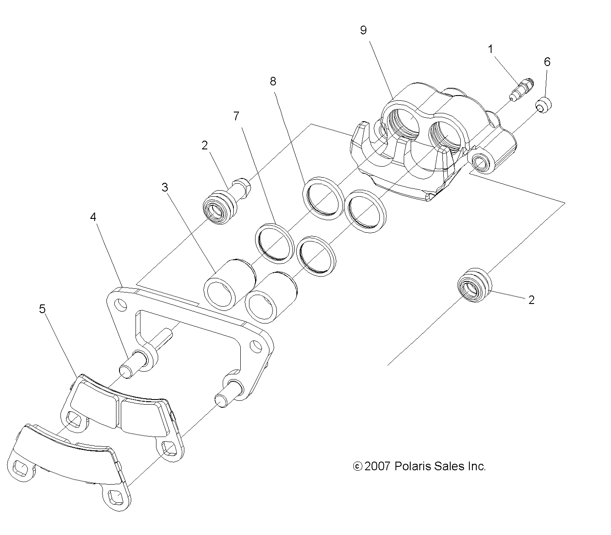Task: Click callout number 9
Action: tap(363, 30)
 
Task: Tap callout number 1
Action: tap(491, 49)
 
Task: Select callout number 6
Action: tap(547, 62)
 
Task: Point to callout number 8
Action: tap(273, 81)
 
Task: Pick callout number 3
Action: tap(165, 187)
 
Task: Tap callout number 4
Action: tap(93, 217)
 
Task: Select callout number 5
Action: tap(42, 309)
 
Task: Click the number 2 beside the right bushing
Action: tap(531, 300)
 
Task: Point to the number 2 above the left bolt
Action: tap(205, 145)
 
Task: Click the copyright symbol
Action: tap(357, 467)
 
